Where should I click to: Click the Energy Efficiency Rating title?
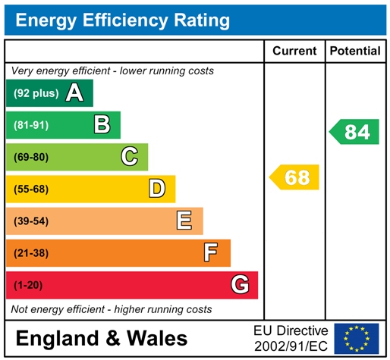122,20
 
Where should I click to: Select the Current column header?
294,51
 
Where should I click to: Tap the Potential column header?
355,51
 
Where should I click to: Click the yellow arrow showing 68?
295,177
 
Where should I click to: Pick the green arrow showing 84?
355,132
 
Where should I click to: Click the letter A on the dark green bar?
74,93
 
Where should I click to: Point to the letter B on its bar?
102,125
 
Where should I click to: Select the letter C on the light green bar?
130,157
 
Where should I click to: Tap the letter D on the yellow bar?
156,189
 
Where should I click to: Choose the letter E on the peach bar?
184,221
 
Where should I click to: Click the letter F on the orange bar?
211,252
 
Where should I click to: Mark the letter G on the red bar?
239,285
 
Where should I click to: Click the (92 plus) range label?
36,93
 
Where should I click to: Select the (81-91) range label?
31,125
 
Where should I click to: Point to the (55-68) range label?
31,189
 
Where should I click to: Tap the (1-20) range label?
29,285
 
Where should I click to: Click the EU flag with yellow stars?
357,338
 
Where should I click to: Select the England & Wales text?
101,338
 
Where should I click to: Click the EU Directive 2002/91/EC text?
291,338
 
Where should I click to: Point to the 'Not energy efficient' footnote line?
111,309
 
